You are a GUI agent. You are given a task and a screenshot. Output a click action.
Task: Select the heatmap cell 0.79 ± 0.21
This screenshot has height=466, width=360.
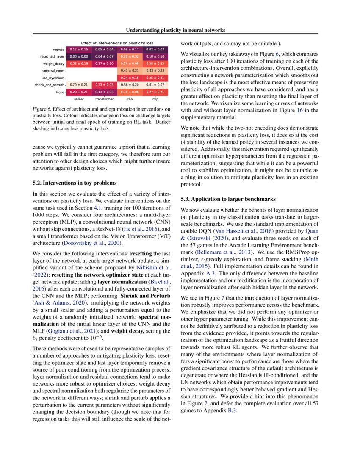[x=79, y=85]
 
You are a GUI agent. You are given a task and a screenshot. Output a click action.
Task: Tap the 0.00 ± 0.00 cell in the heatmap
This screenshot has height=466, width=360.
[x=79, y=56]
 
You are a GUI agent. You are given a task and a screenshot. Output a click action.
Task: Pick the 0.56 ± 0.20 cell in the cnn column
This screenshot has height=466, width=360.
[x=130, y=85]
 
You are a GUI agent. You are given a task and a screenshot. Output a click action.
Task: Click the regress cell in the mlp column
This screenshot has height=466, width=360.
[x=156, y=49]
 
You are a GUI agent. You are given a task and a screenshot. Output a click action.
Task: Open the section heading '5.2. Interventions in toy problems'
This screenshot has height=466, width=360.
[x=74, y=183]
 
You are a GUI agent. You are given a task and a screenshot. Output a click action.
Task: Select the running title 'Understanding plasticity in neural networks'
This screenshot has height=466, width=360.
[x=175, y=30]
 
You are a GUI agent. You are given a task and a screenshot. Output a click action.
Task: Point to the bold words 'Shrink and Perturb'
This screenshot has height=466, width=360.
[x=143, y=297]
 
